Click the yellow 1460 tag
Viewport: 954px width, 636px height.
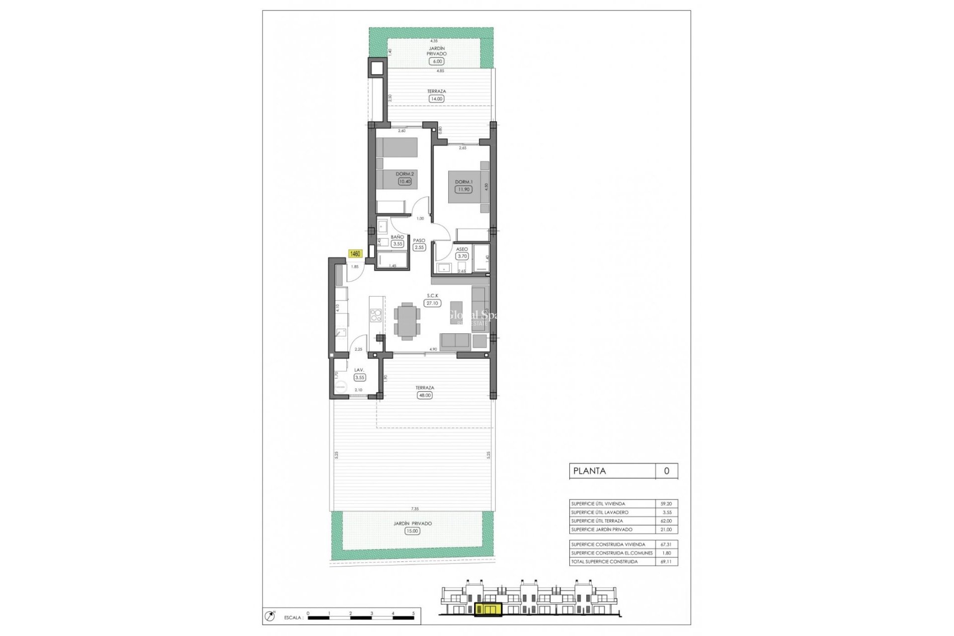tap(356, 254)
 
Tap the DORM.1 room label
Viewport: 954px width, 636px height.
tap(464, 182)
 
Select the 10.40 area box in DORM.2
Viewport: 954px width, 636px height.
tap(405, 181)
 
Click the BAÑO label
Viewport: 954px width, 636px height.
tap(397, 237)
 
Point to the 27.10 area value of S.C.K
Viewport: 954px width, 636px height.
tap(432, 303)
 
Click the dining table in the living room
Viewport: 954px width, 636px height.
tap(407, 321)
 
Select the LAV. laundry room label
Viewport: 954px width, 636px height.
tap(359, 370)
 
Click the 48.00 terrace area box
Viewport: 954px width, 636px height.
tap(425, 396)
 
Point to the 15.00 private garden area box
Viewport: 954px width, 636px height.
tap(412, 531)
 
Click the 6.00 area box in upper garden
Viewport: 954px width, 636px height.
tap(437, 61)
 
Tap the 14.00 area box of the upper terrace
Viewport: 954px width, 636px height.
tap(437, 99)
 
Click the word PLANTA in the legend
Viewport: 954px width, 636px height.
tap(590, 471)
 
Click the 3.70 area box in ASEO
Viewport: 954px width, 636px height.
tap(463, 256)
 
